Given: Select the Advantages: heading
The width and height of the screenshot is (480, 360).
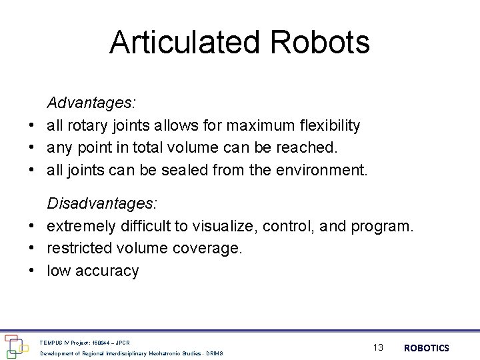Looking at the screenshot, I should pyautogui.click(x=91, y=103).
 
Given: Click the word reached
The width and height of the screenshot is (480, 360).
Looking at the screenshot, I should pyautogui.click(x=311, y=147).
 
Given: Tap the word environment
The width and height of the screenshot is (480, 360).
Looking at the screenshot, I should pyautogui.click(x=319, y=169).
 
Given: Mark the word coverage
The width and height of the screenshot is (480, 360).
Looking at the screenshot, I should pyautogui.click(x=208, y=249).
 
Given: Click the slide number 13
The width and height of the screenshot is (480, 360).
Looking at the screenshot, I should pyautogui.click(x=378, y=347).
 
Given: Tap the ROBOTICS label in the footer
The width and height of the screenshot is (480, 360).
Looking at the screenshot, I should pyautogui.click(x=427, y=347).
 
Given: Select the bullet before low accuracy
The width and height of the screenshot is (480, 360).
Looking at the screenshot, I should pyautogui.click(x=31, y=271).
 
